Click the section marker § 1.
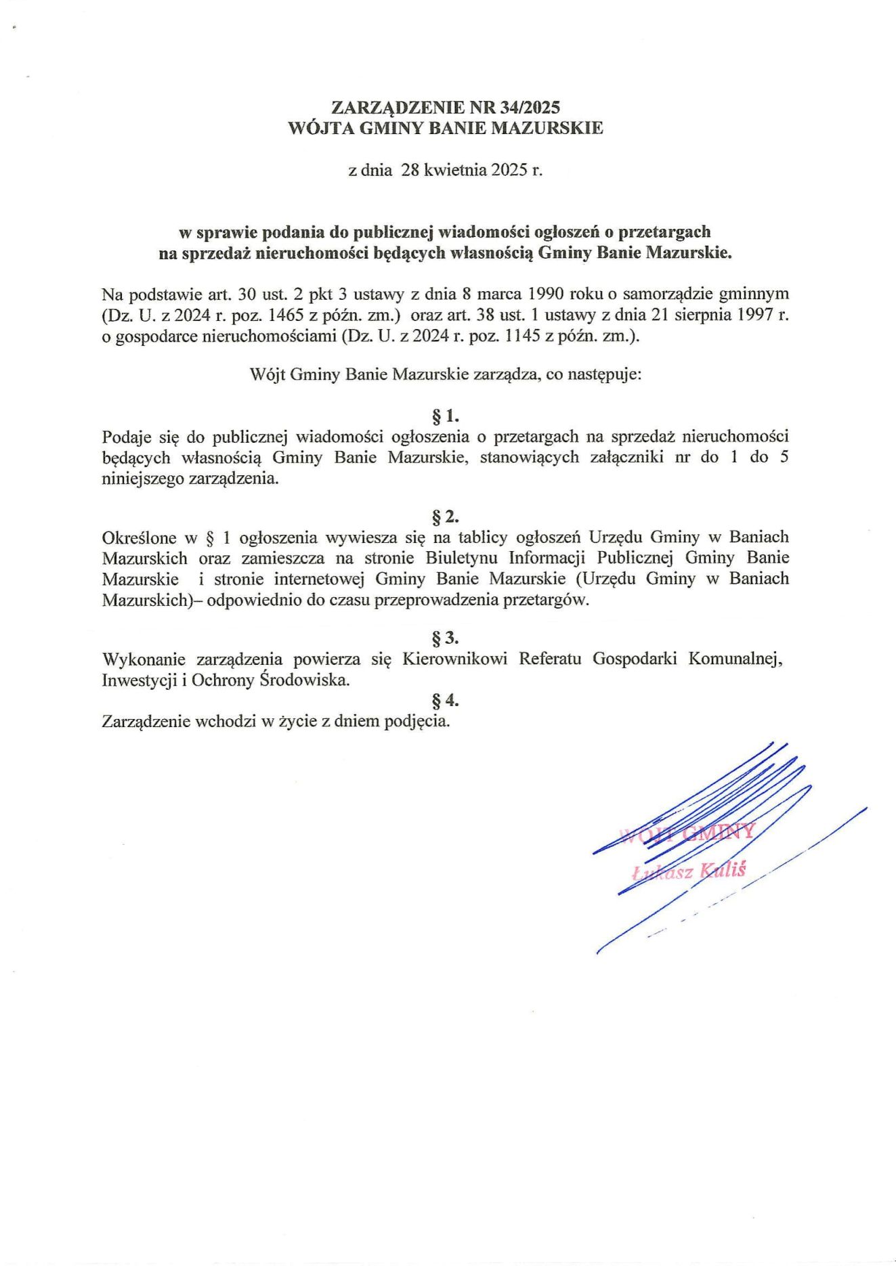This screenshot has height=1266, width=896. [446, 416]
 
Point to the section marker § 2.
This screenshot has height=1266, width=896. [446, 517]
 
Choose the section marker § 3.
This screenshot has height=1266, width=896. [446, 638]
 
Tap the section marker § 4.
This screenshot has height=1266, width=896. [446, 701]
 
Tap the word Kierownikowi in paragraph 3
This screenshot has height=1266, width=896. [454, 659]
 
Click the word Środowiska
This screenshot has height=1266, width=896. [305, 680]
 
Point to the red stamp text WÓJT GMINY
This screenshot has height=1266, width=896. [686, 833]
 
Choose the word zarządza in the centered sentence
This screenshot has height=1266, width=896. [505, 374]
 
